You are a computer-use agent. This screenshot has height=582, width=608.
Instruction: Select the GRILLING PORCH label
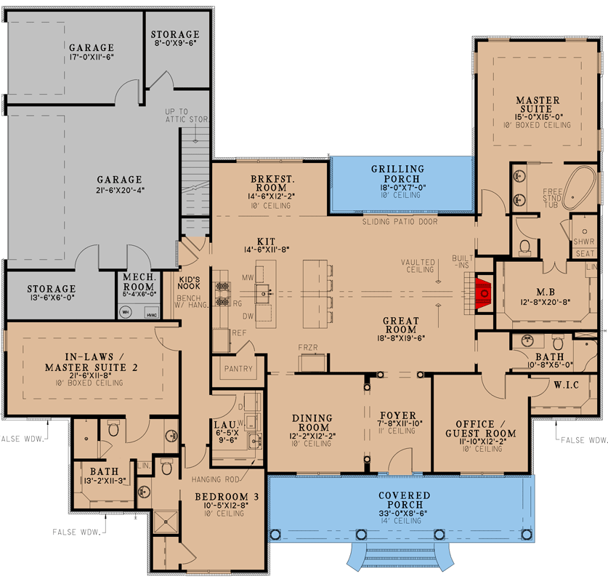(397, 174)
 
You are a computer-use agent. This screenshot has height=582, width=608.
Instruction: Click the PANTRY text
(238, 369)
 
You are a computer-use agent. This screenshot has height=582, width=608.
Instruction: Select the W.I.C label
(565, 384)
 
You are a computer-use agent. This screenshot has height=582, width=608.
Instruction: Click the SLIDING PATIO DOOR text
(400, 221)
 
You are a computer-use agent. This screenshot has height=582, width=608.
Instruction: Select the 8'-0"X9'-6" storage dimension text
(174, 45)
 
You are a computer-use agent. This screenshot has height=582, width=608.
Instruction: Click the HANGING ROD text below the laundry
(216, 479)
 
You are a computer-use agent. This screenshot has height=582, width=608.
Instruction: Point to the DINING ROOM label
(312, 423)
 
